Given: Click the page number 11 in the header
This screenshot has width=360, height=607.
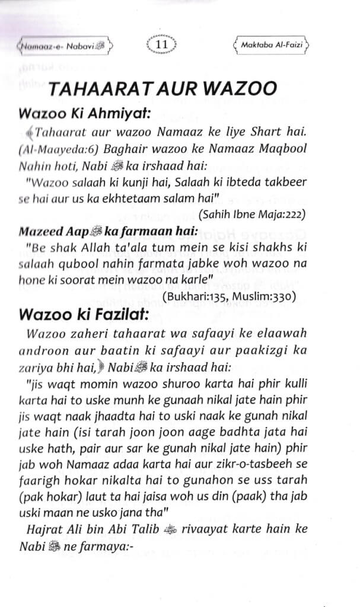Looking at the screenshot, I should point(162,44).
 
